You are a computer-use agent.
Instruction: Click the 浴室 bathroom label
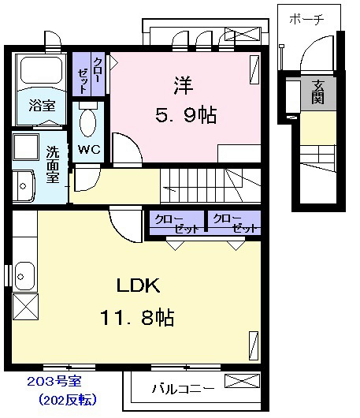pyautogui.click(x=42, y=106)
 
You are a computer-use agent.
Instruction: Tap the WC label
pyautogui.click(x=89, y=150)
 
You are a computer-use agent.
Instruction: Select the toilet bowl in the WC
pyautogui.click(x=88, y=123)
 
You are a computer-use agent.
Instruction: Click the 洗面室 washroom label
pyautogui.click(x=53, y=164)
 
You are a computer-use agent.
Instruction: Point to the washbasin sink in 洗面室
pyautogui.click(x=24, y=186)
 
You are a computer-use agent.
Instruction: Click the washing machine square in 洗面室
pyautogui.click(x=26, y=147)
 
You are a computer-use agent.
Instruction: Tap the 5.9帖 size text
pyautogui.click(x=186, y=115)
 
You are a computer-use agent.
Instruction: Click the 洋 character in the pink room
pyautogui.click(x=184, y=86)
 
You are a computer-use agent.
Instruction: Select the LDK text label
pyautogui.click(x=138, y=286)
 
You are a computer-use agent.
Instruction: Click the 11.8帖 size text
pyautogui.click(x=137, y=318)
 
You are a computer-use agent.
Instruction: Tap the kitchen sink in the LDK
pyautogui.click(x=24, y=276)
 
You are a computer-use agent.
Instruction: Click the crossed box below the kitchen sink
pyautogui.click(x=25, y=307)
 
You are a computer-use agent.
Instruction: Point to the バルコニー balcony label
pyautogui.click(x=183, y=389)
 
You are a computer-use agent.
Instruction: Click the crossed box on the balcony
pyautogui.click(x=242, y=381)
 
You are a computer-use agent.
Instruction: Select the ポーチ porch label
pyautogui.click(x=306, y=19)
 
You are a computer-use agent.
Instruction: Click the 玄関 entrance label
pyautogui.click(x=317, y=92)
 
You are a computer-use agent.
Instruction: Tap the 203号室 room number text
pyautogui.click(x=54, y=382)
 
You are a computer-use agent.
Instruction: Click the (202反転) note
pyautogui.click(x=68, y=400)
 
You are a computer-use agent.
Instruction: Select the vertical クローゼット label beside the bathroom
pyautogui.click(x=90, y=75)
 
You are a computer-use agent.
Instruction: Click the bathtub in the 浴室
pyautogui.click(x=42, y=70)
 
